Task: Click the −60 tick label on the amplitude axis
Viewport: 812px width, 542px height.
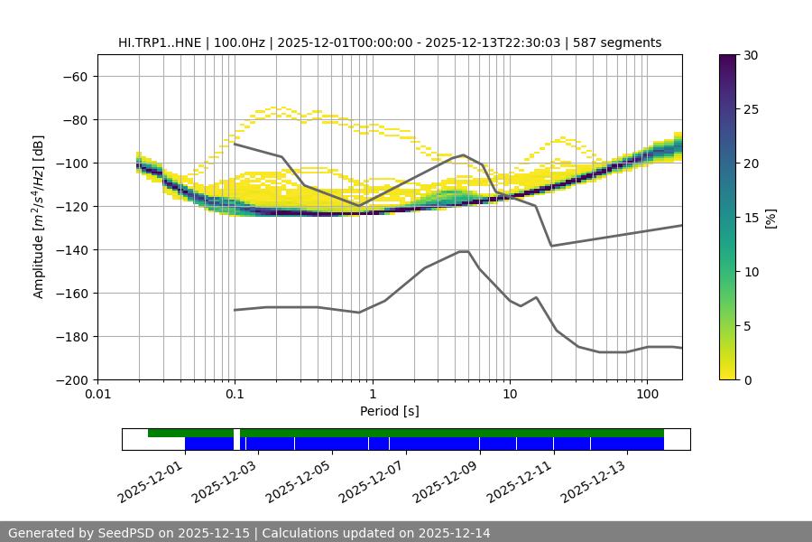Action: (x=74, y=76)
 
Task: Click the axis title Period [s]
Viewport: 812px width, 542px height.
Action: (x=390, y=411)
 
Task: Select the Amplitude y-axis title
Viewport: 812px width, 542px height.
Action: (x=39, y=217)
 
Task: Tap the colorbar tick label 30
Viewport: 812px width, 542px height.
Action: (x=750, y=55)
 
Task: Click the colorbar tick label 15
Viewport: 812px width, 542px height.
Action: (x=750, y=218)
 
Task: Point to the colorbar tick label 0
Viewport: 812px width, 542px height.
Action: (x=746, y=380)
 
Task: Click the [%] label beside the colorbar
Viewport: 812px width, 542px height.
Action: (x=770, y=218)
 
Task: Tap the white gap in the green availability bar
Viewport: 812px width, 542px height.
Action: (x=236, y=433)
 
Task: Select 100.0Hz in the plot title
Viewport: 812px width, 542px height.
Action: (x=241, y=42)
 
